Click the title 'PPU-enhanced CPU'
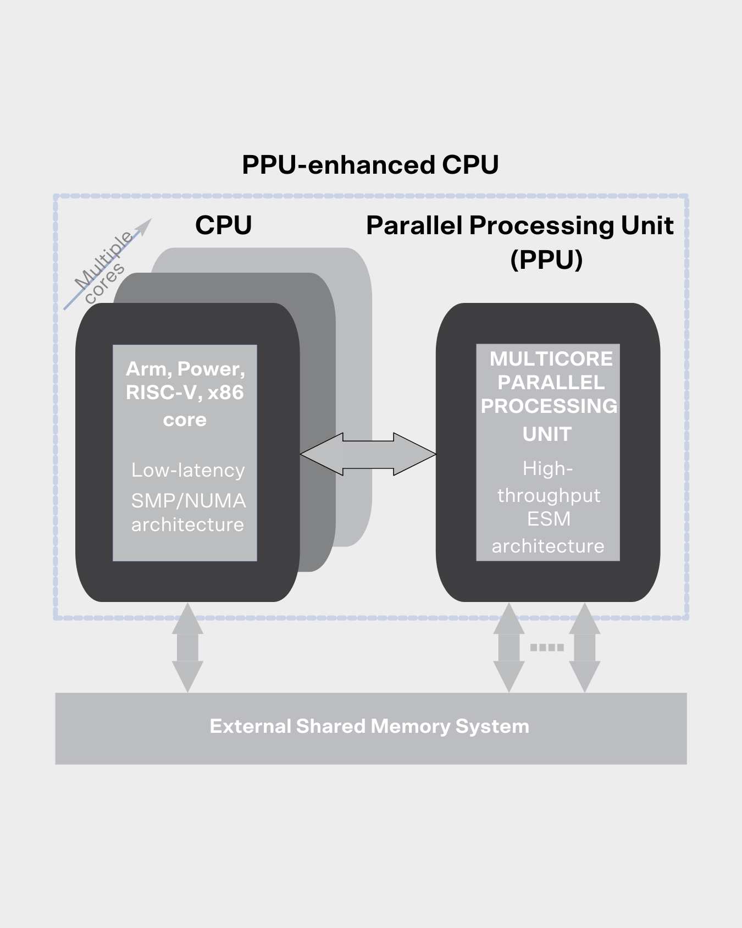[x=370, y=165]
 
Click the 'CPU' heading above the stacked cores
[x=223, y=225]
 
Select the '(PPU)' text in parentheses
[x=546, y=259]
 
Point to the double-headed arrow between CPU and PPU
[x=368, y=454]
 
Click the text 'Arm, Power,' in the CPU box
[x=185, y=369]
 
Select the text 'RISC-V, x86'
[x=185, y=393]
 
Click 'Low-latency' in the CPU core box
[x=188, y=470]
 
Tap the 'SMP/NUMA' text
[x=189, y=501]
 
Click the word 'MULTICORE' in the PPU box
[x=551, y=359]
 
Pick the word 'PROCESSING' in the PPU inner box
[x=549, y=406]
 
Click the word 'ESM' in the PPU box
[x=549, y=519]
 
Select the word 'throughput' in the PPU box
[x=549, y=495]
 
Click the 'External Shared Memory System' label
[x=369, y=726]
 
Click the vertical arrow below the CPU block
[x=187, y=648]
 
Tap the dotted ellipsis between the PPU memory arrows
[x=547, y=648]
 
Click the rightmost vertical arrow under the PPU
[x=584, y=648]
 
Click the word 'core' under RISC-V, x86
[x=185, y=420]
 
